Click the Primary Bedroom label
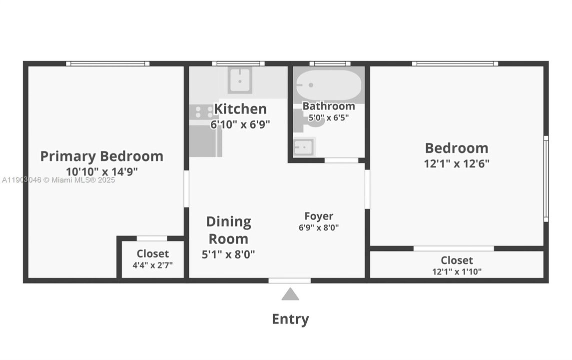pyautogui.click(x=101, y=156)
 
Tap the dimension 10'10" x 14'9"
pyautogui.click(x=101, y=171)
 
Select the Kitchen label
pyautogui.click(x=240, y=108)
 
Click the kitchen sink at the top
pyautogui.click(x=240, y=80)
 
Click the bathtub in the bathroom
pyautogui.click(x=328, y=86)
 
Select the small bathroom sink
pyautogui.click(x=303, y=147)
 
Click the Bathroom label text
pyautogui.click(x=329, y=106)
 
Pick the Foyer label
pyautogui.click(x=319, y=216)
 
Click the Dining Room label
pyautogui.click(x=228, y=230)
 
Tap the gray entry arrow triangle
pyautogui.click(x=290, y=294)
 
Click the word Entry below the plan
pyautogui.click(x=290, y=319)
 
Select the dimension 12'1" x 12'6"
pyautogui.click(x=457, y=163)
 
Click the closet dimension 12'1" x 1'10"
pyautogui.click(x=457, y=272)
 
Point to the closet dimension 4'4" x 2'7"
pyautogui.click(x=152, y=265)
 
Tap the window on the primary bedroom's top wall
pyautogui.click(x=107, y=63)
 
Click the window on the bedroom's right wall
pyautogui.click(x=546, y=178)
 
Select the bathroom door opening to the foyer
pyautogui.click(x=341, y=160)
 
